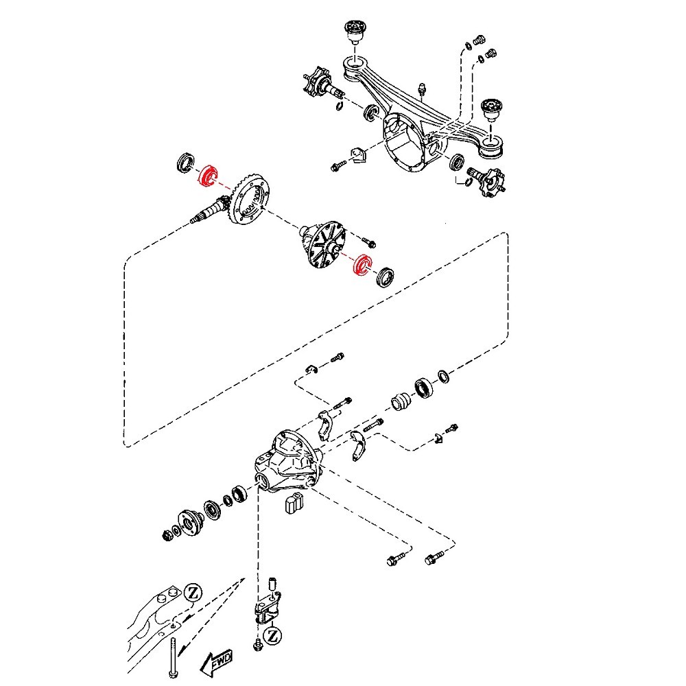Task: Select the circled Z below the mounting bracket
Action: coord(272,635)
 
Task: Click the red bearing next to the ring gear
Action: coord(206,175)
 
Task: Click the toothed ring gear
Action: coord(250,199)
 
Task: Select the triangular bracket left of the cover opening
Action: coord(359,156)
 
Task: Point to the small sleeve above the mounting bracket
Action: coord(271,584)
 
